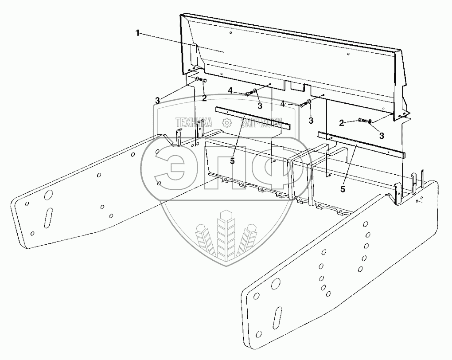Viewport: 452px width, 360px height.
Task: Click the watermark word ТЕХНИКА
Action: tap(194, 123)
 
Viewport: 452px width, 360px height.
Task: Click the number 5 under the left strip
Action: tap(232, 161)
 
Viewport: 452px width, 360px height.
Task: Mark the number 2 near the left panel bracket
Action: tap(204, 98)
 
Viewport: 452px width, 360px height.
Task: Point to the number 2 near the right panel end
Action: tap(341, 122)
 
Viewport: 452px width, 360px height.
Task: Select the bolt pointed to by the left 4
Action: tap(249, 94)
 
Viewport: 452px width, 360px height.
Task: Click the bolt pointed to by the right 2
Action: tap(362, 121)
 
